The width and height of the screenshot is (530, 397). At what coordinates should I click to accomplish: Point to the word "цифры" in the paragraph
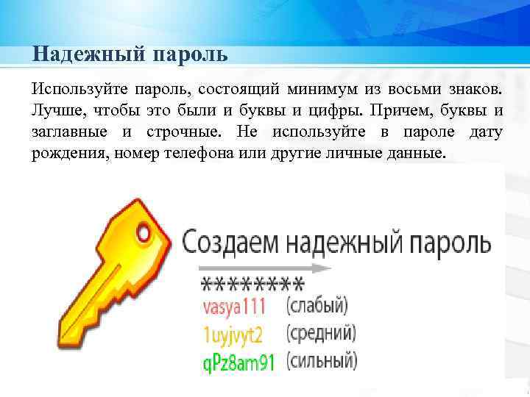pyautogui.click(x=339, y=111)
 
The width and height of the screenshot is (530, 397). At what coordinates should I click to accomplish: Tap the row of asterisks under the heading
pyautogui.click(x=252, y=282)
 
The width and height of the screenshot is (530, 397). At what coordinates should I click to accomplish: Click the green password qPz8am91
pyautogui.click(x=238, y=362)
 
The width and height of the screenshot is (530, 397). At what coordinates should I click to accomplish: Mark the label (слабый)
pyautogui.click(x=317, y=305)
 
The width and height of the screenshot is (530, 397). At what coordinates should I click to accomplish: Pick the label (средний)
pyautogui.click(x=321, y=334)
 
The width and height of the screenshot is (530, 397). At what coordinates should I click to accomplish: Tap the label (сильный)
pyautogui.click(x=322, y=361)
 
